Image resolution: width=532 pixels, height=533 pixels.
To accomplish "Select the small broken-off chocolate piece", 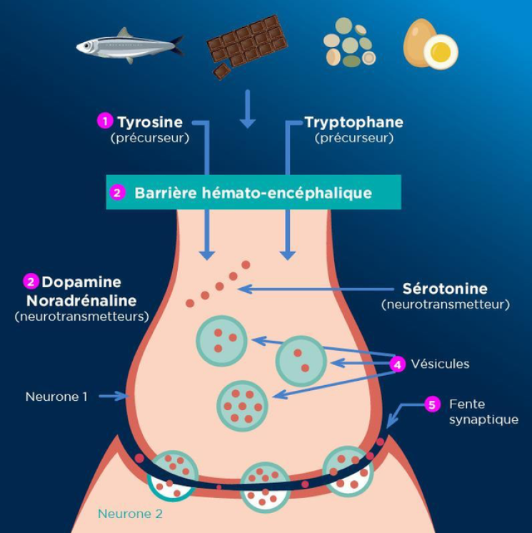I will pyautogui.click(x=222, y=71).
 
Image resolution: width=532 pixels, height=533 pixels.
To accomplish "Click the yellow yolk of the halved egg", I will pyautogui.click(x=441, y=51).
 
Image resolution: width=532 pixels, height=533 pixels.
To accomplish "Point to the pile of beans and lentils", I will pyautogui.click(x=348, y=46).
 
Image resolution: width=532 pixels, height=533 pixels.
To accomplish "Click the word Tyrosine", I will pyautogui.click(x=150, y=122).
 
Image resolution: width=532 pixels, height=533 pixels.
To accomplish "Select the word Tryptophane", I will pyautogui.click(x=353, y=122).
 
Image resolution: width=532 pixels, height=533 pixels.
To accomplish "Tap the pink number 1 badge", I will pyautogui.click(x=105, y=121).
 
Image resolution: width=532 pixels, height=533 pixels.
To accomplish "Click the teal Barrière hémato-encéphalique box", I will pyautogui.click(x=254, y=192).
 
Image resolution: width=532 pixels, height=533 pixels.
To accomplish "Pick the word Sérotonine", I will pyautogui.click(x=445, y=289).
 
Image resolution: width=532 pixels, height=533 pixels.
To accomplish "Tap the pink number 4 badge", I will pyautogui.click(x=398, y=364).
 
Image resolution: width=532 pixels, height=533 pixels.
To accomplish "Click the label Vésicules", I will pyautogui.click(x=440, y=364).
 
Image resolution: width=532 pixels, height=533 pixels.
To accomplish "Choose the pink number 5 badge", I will pyautogui.click(x=431, y=404).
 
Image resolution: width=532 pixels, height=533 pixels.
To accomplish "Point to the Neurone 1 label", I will pyautogui.click(x=56, y=396).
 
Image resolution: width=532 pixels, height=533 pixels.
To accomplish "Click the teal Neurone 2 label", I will pyautogui.click(x=130, y=513).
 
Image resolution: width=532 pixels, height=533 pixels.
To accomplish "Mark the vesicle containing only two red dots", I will pyautogui.click(x=301, y=361).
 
